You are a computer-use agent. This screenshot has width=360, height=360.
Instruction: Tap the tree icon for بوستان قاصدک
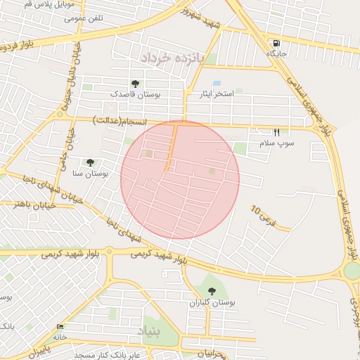coord(134,84)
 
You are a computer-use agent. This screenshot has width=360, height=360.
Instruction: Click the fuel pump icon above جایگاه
coord(274,43)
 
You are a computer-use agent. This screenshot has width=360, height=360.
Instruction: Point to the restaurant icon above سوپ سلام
coord(276,132)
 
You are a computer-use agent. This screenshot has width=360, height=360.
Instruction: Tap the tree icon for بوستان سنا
coord(89,163)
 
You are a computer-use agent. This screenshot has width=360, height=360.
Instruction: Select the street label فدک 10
coord(261,216)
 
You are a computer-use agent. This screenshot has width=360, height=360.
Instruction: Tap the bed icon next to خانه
coord(60,327)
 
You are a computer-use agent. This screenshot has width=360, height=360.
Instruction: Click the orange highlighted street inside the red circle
coord(170,148)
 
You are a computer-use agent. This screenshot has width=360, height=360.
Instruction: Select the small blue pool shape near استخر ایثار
coord(217,84)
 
